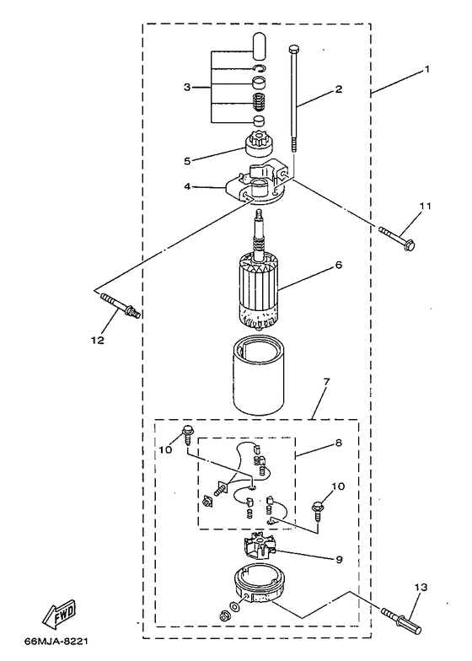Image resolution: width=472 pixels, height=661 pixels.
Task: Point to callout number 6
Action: pyautogui.click(x=338, y=265)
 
